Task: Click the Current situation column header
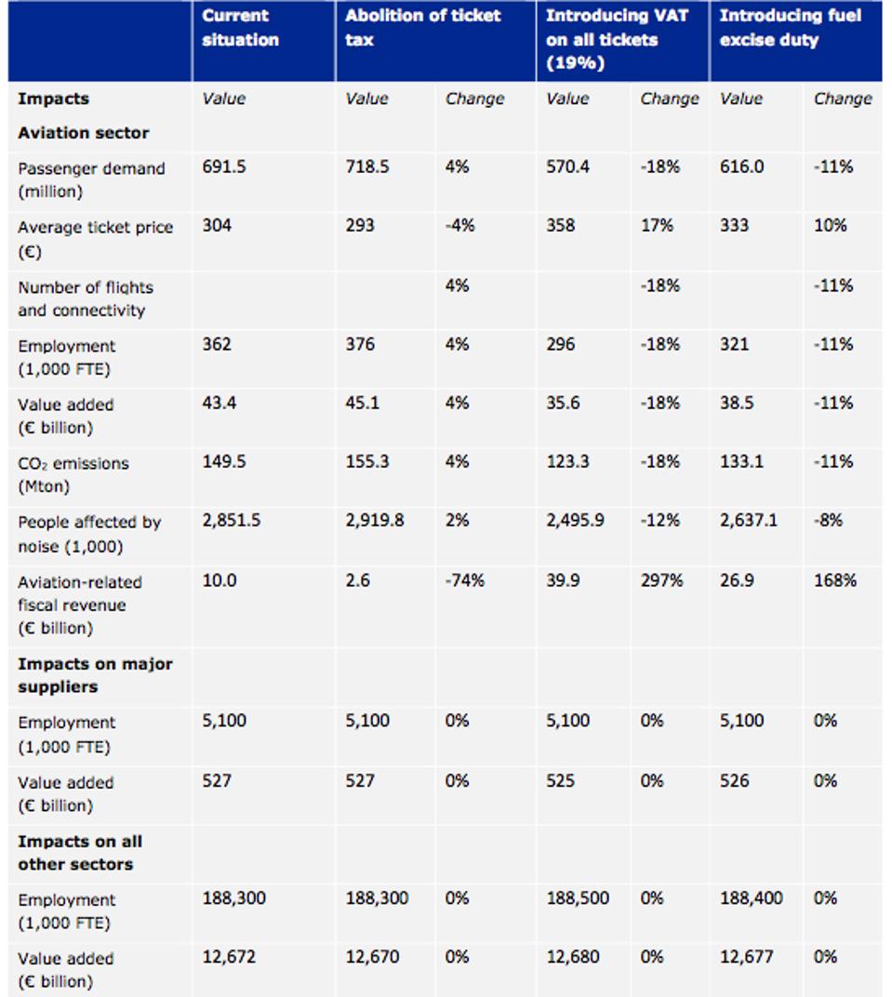pyautogui.click(x=240, y=28)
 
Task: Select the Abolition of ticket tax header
pyautogui.click(x=422, y=28)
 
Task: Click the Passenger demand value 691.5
pyautogui.click(x=224, y=167)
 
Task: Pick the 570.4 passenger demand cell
pyautogui.click(x=567, y=167)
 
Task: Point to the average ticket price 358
pyautogui.click(x=561, y=226)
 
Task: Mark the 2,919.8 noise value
pyautogui.click(x=374, y=522)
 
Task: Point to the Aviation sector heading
pyautogui.click(x=83, y=133)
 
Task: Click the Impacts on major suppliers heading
pyautogui.click(x=95, y=675)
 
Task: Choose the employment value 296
pyautogui.click(x=561, y=345)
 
